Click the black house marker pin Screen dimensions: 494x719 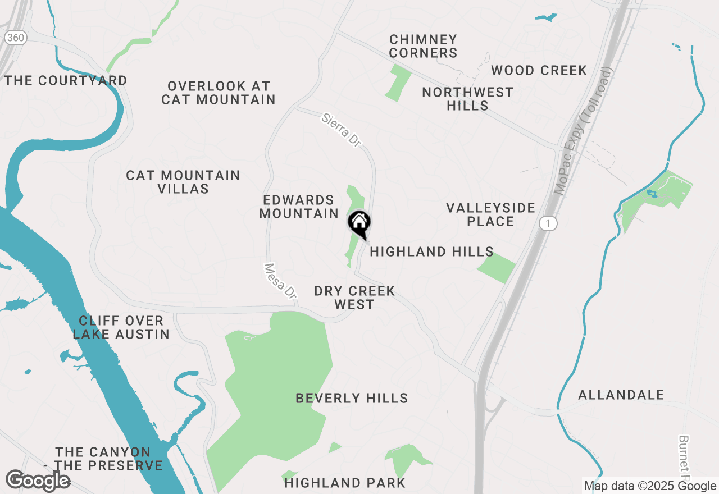[x=359, y=223]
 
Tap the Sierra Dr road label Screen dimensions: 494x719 [x=341, y=130]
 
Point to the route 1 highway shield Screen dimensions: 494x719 [x=548, y=223]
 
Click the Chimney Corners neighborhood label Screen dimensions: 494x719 [x=423, y=47]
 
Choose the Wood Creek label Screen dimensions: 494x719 [x=539, y=70]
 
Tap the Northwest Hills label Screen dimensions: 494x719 [x=467, y=99]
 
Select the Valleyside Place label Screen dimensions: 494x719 [x=490, y=214]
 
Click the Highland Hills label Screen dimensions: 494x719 [x=431, y=251]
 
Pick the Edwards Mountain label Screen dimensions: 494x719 [x=299, y=207]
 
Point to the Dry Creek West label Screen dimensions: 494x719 [x=354, y=298]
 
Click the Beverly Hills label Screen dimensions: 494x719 [x=352, y=398]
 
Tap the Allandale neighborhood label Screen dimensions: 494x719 [x=621, y=395]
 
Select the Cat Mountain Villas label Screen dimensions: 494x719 [x=183, y=182]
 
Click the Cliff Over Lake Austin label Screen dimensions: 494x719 [x=121, y=327]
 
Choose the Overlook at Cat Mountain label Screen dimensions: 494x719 [x=219, y=93]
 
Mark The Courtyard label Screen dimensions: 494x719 [x=66, y=80]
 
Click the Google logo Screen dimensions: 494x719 [x=38, y=481]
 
